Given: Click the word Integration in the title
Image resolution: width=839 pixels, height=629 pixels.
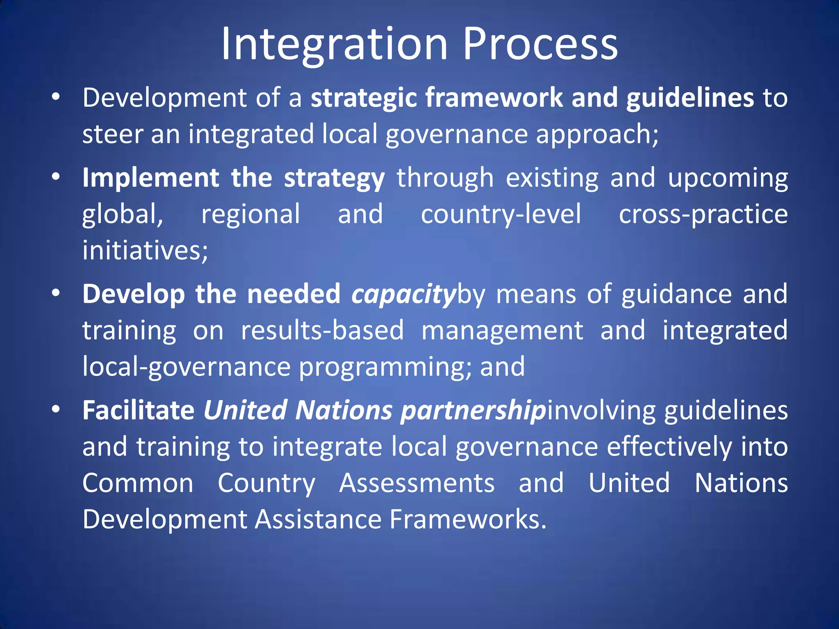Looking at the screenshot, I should [x=334, y=44].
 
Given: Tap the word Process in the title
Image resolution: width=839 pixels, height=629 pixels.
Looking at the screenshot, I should [x=540, y=44].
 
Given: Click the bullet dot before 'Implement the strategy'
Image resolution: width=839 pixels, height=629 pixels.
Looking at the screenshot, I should [x=56, y=177].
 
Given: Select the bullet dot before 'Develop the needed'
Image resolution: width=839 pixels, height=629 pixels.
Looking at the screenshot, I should [x=56, y=293].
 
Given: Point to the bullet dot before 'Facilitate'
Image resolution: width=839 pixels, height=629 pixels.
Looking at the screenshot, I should [x=56, y=410].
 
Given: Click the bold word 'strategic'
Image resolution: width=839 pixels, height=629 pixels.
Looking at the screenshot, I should [x=364, y=98].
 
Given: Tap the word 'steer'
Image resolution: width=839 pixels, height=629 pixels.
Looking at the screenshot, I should [x=112, y=134].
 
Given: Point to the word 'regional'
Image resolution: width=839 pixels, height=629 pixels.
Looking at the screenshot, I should [x=251, y=215].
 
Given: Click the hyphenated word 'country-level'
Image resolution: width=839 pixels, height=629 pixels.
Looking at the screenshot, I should [x=501, y=215].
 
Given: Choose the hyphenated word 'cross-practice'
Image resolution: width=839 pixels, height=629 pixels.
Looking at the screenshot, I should [x=703, y=215].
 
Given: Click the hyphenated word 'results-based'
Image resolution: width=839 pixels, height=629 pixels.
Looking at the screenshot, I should [x=322, y=330].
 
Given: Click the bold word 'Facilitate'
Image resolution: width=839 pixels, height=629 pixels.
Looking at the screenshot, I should [x=138, y=410].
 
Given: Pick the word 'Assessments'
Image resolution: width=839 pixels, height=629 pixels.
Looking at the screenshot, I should [x=417, y=483].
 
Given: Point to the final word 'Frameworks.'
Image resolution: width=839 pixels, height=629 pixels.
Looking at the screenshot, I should [x=468, y=519].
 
